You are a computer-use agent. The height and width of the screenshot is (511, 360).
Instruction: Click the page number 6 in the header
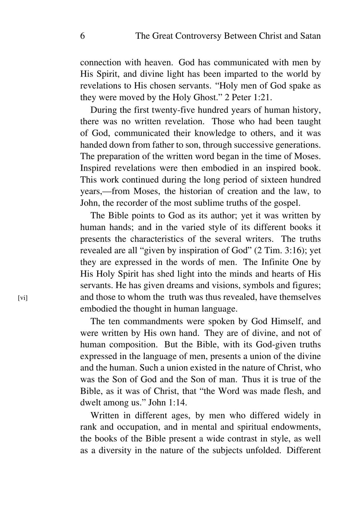coord(82,36)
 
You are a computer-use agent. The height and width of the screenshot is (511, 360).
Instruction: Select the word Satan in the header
coord(310,36)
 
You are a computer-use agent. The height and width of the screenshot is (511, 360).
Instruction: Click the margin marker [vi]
coord(23,297)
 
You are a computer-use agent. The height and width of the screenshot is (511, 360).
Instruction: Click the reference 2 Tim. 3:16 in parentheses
coord(279,251)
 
